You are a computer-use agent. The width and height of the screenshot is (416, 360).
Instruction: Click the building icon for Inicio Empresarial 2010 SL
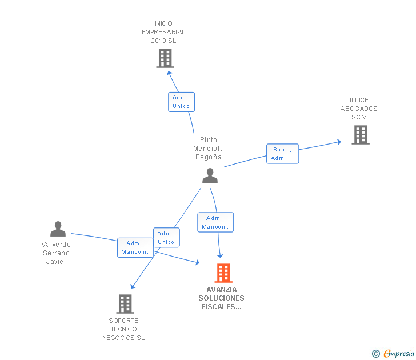click(x=165, y=58)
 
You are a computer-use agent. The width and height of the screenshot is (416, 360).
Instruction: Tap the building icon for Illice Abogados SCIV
click(x=360, y=135)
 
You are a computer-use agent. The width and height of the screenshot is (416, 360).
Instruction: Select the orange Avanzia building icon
click(x=223, y=273)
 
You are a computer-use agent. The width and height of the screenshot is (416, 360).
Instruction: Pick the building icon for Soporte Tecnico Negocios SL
click(x=125, y=303)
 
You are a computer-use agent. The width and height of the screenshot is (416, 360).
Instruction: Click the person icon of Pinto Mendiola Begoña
click(x=210, y=176)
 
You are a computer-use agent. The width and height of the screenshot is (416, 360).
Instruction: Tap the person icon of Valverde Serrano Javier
click(x=58, y=229)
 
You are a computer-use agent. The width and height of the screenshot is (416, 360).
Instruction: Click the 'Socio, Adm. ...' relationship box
click(x=282, y=154)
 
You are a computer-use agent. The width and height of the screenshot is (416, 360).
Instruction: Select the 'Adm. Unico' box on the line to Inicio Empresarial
click(x=181, y=102)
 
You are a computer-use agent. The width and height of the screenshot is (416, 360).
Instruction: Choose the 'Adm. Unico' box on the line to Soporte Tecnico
click(x=166, y=238)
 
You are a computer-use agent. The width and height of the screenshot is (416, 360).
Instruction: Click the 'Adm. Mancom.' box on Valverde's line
click(x=135, y=247)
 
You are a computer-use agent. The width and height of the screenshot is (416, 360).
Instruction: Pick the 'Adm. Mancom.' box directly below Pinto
click(x=215, y=222)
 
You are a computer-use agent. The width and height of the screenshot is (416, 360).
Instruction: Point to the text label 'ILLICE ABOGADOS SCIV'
click(x=359, y=109)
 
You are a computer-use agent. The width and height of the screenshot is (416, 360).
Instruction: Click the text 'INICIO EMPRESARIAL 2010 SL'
click(x=163, y=32)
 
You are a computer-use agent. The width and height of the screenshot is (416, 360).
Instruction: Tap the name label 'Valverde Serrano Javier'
click(x=56, y=253)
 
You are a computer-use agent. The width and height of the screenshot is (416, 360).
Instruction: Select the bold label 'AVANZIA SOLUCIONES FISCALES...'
click(x=221, y=298)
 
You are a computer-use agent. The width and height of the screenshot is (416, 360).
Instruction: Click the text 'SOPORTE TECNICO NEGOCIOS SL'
click(x=123, y=329)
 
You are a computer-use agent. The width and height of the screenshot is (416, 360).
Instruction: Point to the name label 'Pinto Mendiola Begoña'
click(x=208, y=149)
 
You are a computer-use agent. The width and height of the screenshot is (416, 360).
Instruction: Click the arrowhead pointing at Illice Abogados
click(x=339, y=141)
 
